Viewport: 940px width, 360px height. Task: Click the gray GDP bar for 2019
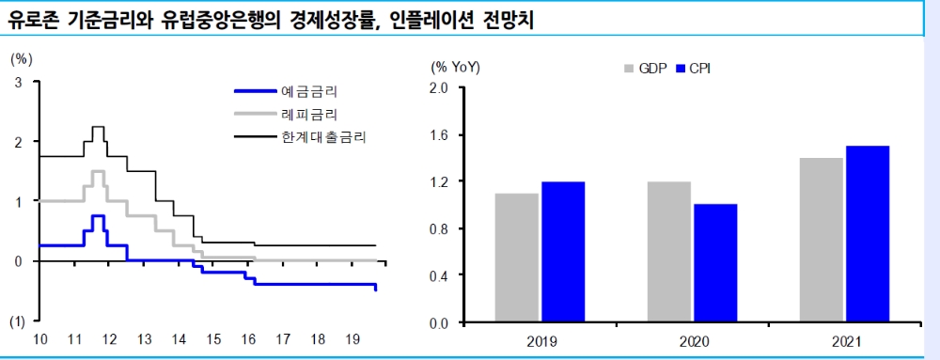point(517,258)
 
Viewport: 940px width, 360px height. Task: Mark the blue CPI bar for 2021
point(868,234)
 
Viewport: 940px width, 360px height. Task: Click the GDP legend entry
point(646,69)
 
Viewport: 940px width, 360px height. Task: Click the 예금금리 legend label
point(309,91)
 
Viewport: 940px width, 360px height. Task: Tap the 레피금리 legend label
point(309,114)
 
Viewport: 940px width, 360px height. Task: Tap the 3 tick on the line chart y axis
point(19,83)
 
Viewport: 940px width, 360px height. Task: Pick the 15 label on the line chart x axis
point(213,338)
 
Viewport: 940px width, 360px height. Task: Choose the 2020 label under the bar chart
point(693,342)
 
